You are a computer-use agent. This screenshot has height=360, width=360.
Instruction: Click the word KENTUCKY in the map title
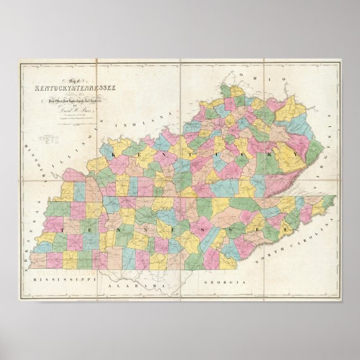(50, 88)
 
